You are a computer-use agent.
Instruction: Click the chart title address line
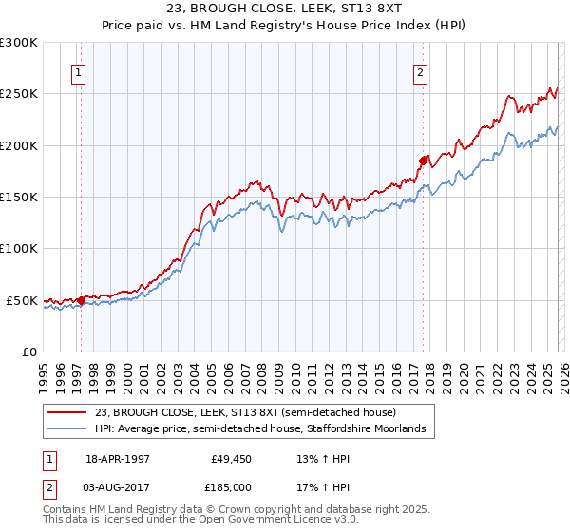pyautogui.click(x=284, y=9)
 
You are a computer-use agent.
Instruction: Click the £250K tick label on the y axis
pyautogui.click(x=18, y=94)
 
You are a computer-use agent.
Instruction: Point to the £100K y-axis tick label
pyautogui.click(x=18, y=248)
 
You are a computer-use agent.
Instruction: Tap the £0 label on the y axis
pyautogui.click(x=28, y=351)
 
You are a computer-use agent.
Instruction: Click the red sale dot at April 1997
pyautogui.click(x=81, y=301)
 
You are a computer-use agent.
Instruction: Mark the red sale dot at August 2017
pyautogui.click(x=424, y=161)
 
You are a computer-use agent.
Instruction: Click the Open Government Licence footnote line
pyautogui.click(x=201, y=521)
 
